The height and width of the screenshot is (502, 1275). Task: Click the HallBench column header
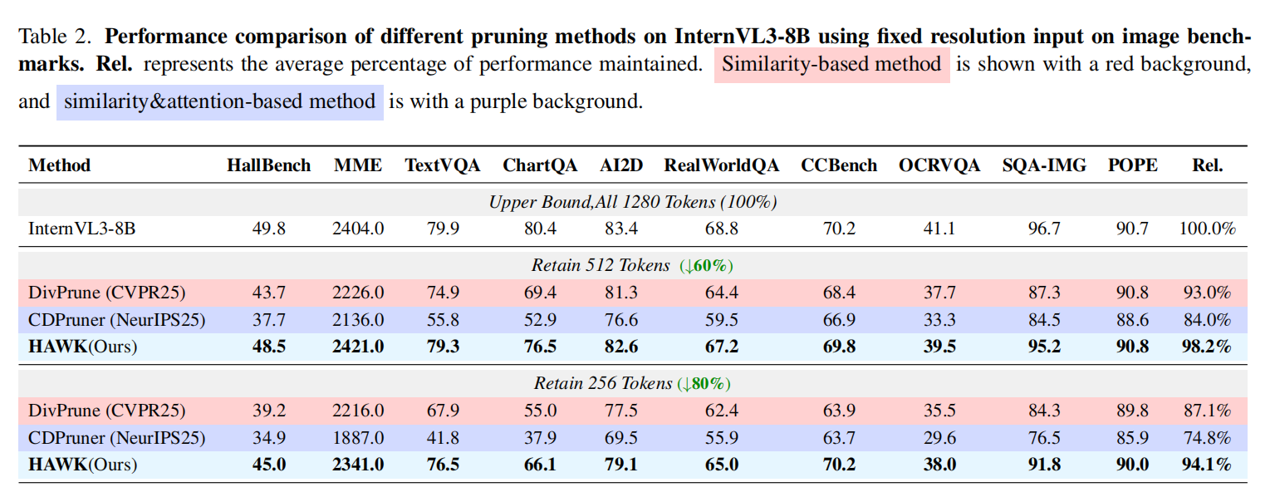tap(268, 165)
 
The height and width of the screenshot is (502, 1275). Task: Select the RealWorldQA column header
tap(721, 165)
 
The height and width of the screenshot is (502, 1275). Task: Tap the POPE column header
tap(1132, 165)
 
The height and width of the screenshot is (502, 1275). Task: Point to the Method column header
tap(59, 165)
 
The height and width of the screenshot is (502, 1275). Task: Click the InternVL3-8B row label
tap(82, 229)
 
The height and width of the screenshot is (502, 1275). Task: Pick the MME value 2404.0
tap(358, 229)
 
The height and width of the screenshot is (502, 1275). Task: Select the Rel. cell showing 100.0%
tap(1207, 229)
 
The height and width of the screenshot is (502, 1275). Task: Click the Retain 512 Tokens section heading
tap(601, 265)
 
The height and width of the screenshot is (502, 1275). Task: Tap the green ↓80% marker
tap(704, 383)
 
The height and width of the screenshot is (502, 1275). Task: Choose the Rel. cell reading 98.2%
tap(1207, 347)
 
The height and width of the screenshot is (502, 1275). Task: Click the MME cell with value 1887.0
tap(358, 438)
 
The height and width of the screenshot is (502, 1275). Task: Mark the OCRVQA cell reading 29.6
tap(939, 438)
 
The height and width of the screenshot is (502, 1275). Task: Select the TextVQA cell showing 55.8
tap(443, 320)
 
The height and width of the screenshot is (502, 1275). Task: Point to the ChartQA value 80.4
tap(540, 229)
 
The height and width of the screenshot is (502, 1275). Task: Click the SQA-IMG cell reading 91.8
tap(1044, 465)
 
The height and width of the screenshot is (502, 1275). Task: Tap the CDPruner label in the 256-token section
tap(116, 438)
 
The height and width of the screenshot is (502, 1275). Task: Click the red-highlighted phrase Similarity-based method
tap(831, 64)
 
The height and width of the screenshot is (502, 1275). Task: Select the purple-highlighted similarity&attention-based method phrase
tap(220, 101)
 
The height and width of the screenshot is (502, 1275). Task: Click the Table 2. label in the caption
tap(55, 37)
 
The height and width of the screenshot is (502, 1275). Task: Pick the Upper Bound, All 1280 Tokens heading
tap(633, 202)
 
